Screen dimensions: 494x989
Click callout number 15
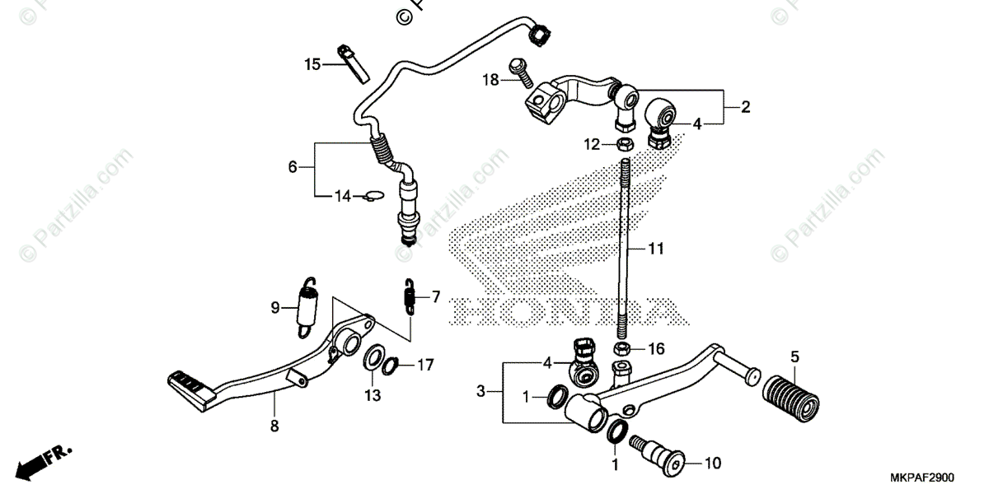click(x=311, y=64)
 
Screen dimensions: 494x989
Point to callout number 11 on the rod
click(x=655, y=248)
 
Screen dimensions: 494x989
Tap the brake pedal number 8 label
click(x=274, y=426)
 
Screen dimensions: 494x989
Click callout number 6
click(x=293, y=166)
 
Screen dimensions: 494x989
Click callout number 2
click(x=744, y=107)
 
